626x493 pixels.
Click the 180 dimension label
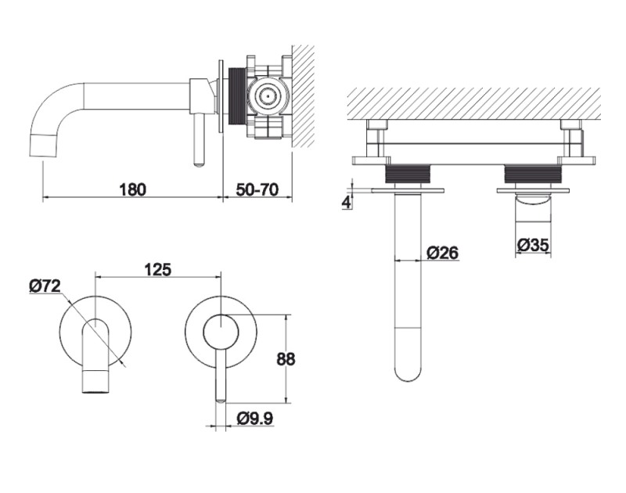point(132,189)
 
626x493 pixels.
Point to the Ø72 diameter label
point(45,287)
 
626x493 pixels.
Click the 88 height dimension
point(286,359)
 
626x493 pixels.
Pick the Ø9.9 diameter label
point(254,419)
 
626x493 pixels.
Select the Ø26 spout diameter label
point(442,252)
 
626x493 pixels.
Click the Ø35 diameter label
point(532,245)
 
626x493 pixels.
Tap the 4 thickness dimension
point(347,202)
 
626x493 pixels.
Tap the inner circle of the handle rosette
point(220,332)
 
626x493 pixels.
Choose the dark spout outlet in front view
point(95,383)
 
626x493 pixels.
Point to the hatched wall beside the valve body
point(303,94)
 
